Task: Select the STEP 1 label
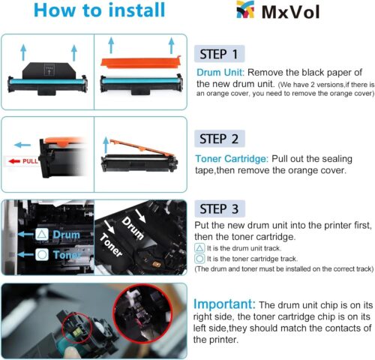click(x=219, y=54)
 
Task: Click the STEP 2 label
click(x=219, y=139)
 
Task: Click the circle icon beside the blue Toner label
click(x=43, y=255)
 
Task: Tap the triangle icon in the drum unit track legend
click(x=199, y=247)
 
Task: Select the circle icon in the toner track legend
click(x=199, y=257)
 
